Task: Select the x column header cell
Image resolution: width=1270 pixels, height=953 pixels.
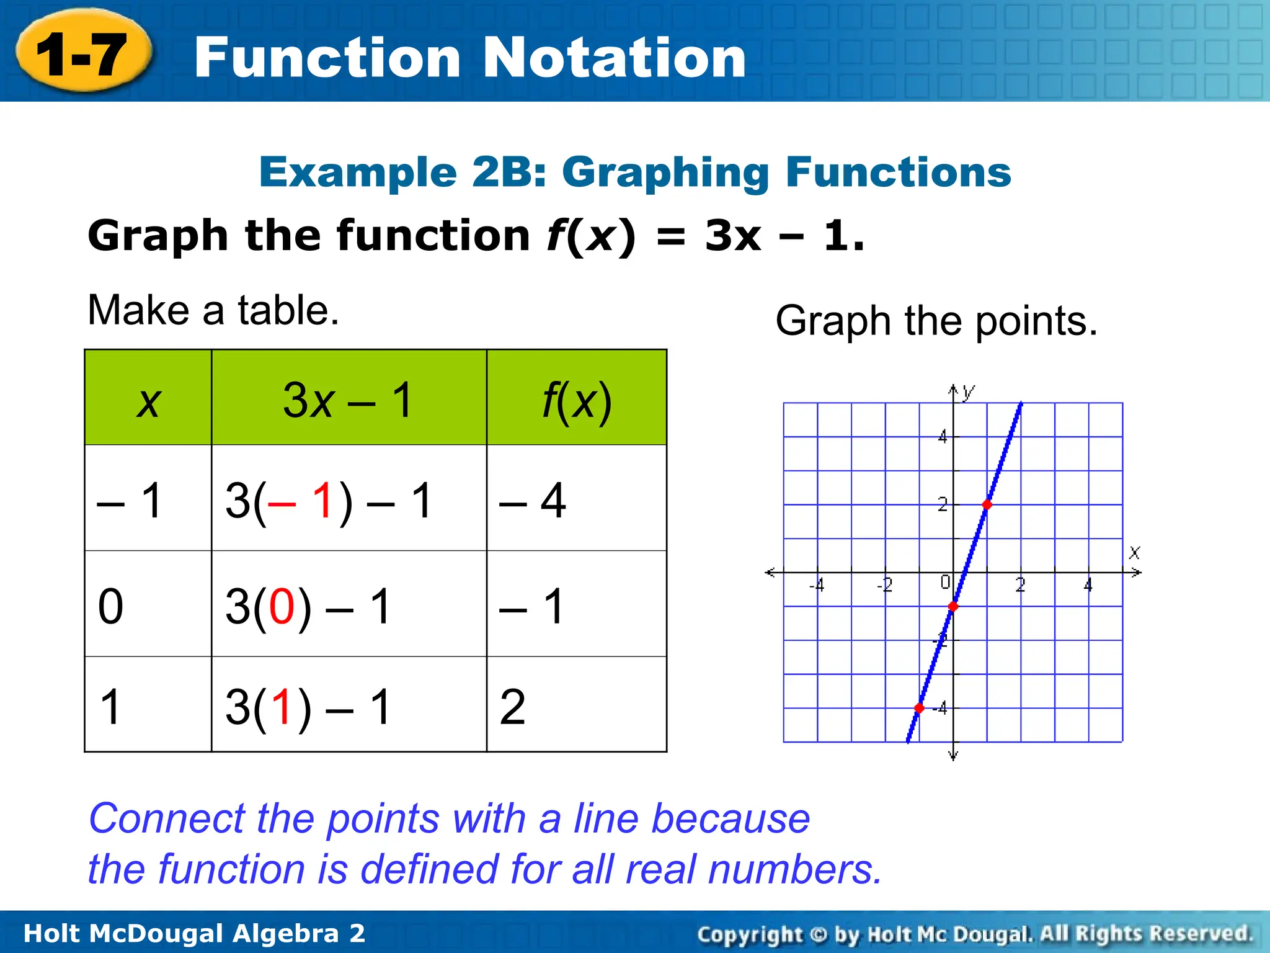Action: (148, 398)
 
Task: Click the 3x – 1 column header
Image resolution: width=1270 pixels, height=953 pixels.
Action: (349, 398)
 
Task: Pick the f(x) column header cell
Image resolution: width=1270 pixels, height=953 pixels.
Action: (577, 398)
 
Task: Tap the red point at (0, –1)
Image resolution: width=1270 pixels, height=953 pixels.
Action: (953, 606)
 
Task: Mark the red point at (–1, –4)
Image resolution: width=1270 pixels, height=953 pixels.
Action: (919, 708)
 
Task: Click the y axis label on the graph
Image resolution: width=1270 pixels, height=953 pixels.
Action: (968, 391)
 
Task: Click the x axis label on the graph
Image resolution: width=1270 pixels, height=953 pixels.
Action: (1134, 552)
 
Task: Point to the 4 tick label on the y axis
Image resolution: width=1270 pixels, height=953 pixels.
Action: (943, 437)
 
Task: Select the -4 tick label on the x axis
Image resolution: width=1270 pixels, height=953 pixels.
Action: (817, 584)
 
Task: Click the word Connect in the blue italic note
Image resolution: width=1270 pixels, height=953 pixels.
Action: (167, 818)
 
